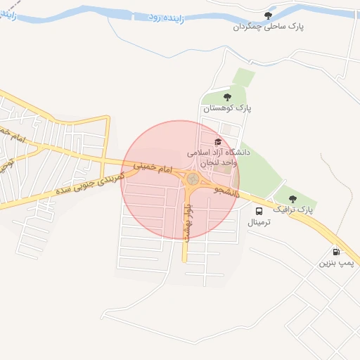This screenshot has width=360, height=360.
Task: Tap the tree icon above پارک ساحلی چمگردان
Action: point(267,15)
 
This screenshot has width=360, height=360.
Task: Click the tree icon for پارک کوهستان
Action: point(227,97)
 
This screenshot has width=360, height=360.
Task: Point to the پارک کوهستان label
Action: point(227,108)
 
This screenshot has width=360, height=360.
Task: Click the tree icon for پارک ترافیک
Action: point(292,199)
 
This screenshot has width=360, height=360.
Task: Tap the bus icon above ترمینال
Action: point(259,211)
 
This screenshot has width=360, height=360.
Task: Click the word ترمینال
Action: point(259,222)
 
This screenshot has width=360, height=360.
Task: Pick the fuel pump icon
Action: point(335,252)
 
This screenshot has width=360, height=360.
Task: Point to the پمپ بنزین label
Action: point(335,263)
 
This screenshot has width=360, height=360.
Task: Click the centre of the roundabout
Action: point(192,179)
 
